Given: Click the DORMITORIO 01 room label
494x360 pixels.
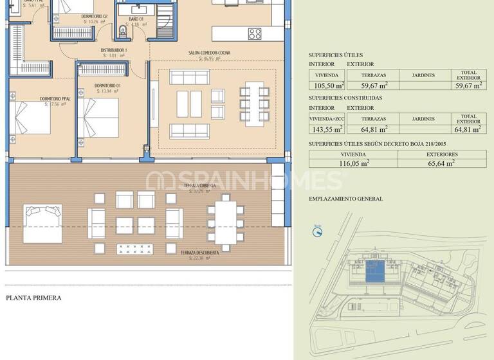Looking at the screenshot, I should (x=107, y=85).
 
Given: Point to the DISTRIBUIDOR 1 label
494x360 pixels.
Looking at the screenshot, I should (x=113, y=50).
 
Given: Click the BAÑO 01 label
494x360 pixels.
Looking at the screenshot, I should (x=136, y=19).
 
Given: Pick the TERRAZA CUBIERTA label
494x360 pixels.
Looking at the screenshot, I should (x=198, y=185).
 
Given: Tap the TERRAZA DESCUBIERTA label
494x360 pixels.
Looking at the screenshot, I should (x=199, y=253).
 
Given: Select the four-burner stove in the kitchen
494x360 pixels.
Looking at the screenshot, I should (x=255, y=33).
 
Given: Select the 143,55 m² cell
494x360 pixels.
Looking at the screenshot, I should (x=327, y=129).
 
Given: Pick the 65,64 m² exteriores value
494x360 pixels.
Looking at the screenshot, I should (x=441, y=163).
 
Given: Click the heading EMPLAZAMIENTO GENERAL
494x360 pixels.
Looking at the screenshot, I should (x=345, y=199).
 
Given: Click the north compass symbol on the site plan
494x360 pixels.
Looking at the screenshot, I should (x=317, y=229).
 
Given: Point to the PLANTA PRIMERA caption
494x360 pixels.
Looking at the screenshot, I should (x=33, y=298).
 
